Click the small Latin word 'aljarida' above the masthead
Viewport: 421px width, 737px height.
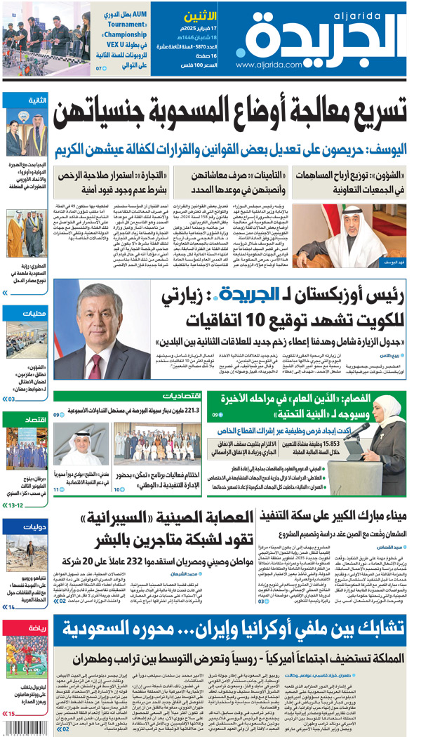click(x=389, y=13)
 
